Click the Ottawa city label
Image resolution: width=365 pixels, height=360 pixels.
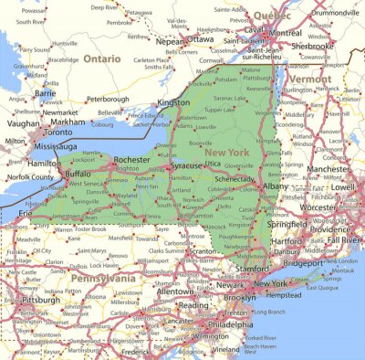coord(201,40)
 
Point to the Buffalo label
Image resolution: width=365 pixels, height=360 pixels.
coord(79,172)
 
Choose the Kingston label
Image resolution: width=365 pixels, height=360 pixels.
coord(173,103)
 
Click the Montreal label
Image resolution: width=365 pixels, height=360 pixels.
coord(286,32)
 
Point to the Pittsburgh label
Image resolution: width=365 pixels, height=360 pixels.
coord(41,299)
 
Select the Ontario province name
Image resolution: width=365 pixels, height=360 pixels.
coord(101,58)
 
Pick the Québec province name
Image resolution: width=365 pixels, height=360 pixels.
coord(272,15)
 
